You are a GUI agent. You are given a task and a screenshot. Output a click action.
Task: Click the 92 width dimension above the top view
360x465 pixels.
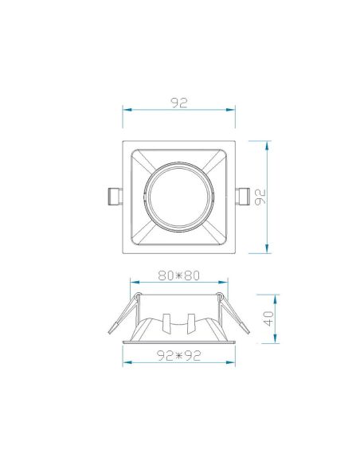click(179, 102)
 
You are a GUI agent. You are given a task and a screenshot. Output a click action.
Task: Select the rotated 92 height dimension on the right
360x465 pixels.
click(259, 197)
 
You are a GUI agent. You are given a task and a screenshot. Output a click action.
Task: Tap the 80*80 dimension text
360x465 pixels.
click(178, 275)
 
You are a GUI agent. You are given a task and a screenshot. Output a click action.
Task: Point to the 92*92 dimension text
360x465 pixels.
click(178, 357)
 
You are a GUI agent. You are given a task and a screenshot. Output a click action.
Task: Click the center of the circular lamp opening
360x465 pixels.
click(179, 197)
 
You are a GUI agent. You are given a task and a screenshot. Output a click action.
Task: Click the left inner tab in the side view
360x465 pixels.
click(166, 322)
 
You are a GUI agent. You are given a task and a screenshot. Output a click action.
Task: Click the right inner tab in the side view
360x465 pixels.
click(191, 322)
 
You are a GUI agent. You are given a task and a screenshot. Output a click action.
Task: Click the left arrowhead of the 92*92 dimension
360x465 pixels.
click(125, 364)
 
